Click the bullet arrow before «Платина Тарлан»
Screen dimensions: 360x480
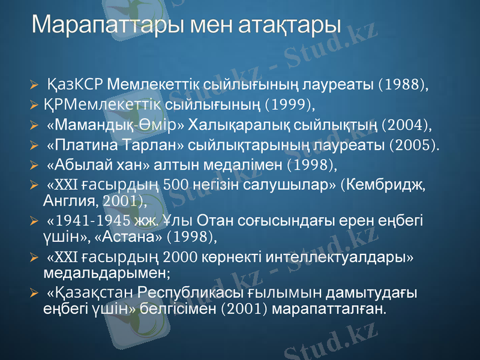(35, 145)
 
